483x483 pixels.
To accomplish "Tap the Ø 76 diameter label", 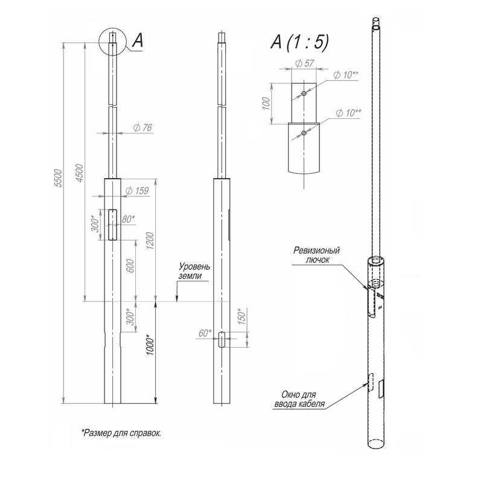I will (141, 128).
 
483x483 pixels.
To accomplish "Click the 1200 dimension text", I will (150, 241).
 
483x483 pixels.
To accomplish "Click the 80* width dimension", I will (128, 219).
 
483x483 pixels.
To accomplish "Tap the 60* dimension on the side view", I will (205, 333).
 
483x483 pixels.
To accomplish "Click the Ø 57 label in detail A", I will (302, 62).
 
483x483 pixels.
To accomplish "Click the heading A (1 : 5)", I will (299, 42).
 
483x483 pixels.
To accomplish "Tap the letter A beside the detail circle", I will (137, 40).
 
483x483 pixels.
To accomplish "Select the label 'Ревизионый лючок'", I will (318, 254).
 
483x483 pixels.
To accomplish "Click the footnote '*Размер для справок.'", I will (121, 433).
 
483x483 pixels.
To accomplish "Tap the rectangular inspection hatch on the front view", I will (114, 225).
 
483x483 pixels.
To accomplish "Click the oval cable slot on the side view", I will (222, 340).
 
